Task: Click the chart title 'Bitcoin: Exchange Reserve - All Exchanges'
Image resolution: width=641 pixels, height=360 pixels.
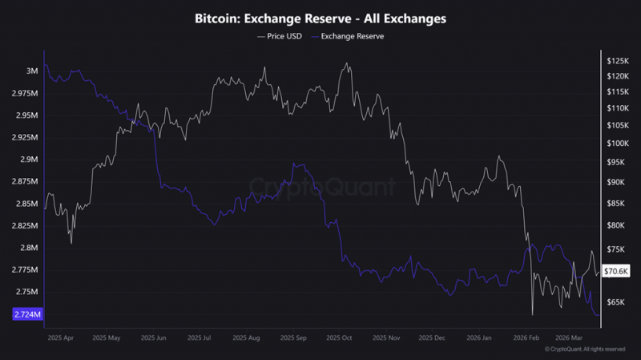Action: [320, 18]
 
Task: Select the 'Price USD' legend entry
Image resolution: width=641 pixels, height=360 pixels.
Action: [280, 36]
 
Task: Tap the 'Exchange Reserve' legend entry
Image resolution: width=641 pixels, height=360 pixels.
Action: [348, 36]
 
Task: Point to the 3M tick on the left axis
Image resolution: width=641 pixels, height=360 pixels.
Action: [32, 71]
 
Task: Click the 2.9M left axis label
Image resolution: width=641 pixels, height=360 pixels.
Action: [29, 160]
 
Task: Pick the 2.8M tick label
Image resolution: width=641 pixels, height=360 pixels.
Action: [29, 248]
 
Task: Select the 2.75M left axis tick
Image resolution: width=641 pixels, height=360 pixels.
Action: [27, 292]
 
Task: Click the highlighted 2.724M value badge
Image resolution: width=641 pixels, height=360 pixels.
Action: [27, 314]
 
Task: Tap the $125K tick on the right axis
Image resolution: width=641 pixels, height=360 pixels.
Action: [618, 61]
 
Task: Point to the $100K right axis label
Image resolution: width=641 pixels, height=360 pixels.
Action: [618, 144]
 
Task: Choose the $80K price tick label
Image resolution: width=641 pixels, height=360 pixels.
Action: [616, 225]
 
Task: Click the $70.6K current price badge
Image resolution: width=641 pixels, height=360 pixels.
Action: [616, 271]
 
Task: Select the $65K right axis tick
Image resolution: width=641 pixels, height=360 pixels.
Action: [616, 302]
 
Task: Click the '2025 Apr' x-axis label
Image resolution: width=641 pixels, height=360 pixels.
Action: [61, 338]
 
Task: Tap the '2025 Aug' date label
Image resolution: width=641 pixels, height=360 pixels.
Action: [246, 338]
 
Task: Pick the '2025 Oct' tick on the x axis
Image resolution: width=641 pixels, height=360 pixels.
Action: [339, 338]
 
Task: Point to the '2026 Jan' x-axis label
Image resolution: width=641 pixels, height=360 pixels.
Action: [478, 338]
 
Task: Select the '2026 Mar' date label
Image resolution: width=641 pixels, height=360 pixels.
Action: [569, 338]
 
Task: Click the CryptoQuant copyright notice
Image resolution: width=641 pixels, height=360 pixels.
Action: [585, 350]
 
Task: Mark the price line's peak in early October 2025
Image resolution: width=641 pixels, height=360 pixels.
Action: [347, 63]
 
